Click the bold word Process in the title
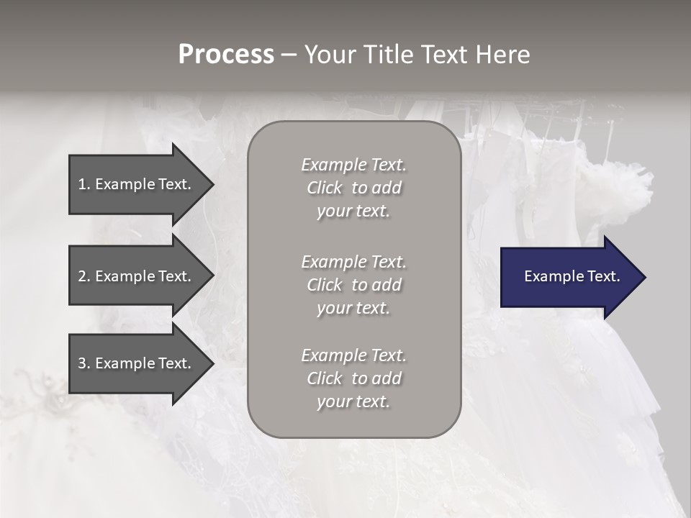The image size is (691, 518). [x=226, y=55]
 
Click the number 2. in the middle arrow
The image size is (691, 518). [x=83, y=276]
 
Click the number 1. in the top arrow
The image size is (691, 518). [x=83, y=184]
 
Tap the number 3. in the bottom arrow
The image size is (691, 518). [x=83, y=363]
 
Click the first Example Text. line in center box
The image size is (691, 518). [x=353, y=165]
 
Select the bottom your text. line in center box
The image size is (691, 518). [x=353, y=401]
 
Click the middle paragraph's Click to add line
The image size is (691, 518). [x=353, y=285]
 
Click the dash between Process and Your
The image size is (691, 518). [x=289, y=55]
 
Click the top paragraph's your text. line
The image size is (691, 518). [x=353, y=211]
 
